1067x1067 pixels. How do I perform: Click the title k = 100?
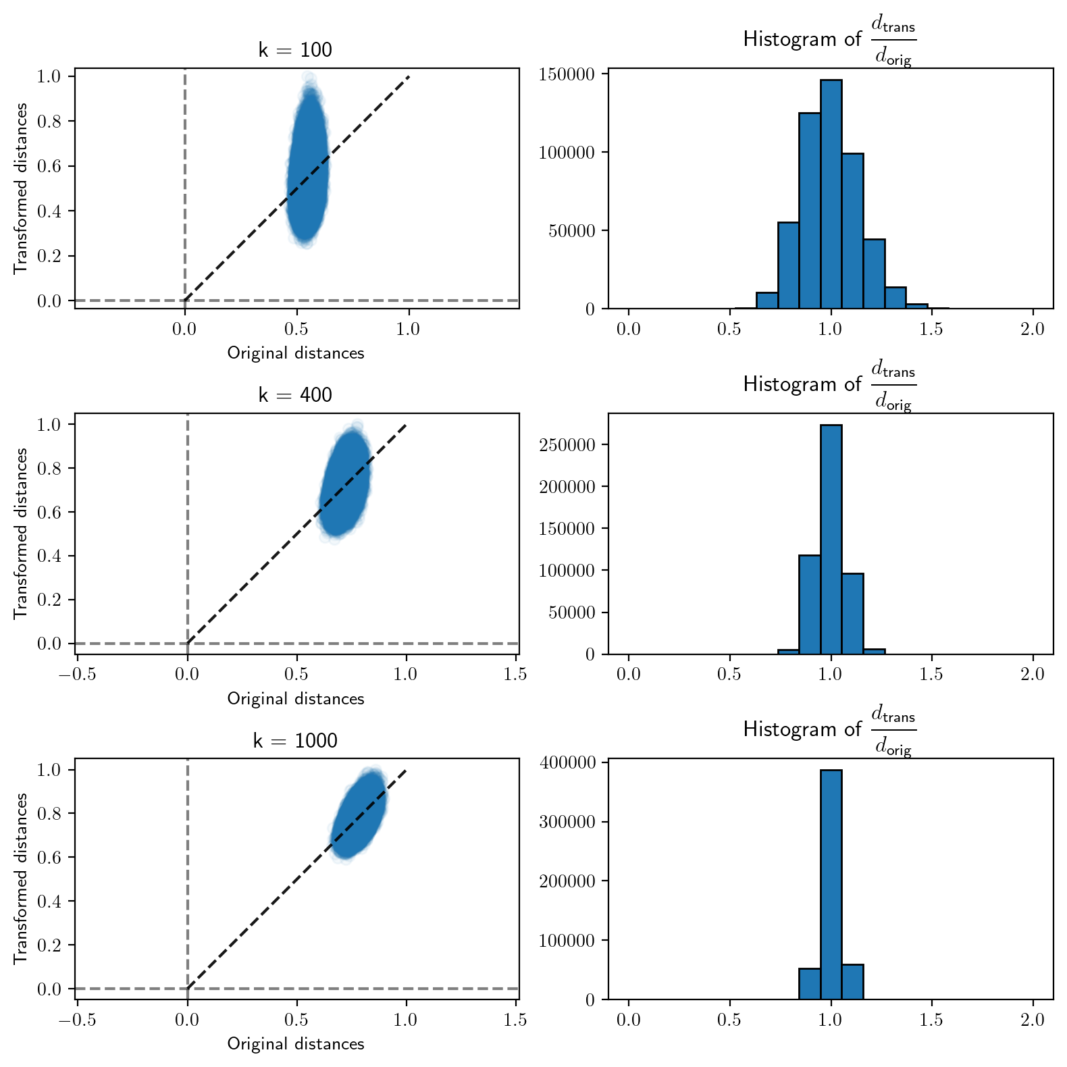295,50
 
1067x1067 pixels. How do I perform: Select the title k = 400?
295,395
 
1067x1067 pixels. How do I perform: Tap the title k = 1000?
295,741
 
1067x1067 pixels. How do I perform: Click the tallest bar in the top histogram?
831,196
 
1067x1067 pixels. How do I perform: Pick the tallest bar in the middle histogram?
831,540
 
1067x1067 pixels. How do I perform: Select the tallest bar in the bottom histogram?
831,885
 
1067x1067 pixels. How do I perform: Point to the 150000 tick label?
567,74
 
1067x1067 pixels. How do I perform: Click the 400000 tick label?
567,762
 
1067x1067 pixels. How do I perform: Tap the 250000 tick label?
567,445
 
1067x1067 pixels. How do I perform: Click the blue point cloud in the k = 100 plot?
308,165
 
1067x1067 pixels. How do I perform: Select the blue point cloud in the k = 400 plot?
345,481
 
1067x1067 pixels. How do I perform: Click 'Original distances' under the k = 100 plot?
295,353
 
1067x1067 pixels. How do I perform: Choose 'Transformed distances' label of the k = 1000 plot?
21,879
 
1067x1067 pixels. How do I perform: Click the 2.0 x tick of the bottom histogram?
1033,1020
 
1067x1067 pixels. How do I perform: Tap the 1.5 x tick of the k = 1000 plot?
515,1020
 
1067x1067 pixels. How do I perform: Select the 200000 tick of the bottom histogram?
567,881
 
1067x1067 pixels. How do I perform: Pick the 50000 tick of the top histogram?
571,231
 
